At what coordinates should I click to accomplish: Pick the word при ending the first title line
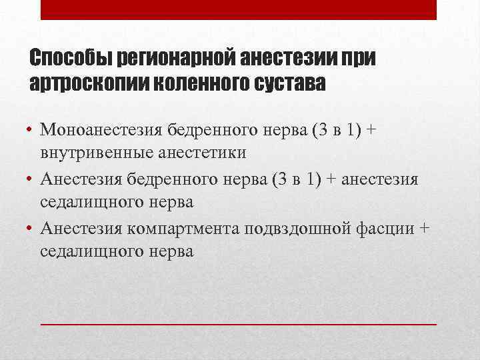(359, 59)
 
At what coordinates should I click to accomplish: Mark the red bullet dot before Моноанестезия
(31, 129)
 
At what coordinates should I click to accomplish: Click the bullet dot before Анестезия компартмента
(31, 229)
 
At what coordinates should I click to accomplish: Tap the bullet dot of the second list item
(31, 179)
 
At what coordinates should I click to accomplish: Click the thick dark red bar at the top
(239, 9)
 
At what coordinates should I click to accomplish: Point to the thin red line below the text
(239, 323)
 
